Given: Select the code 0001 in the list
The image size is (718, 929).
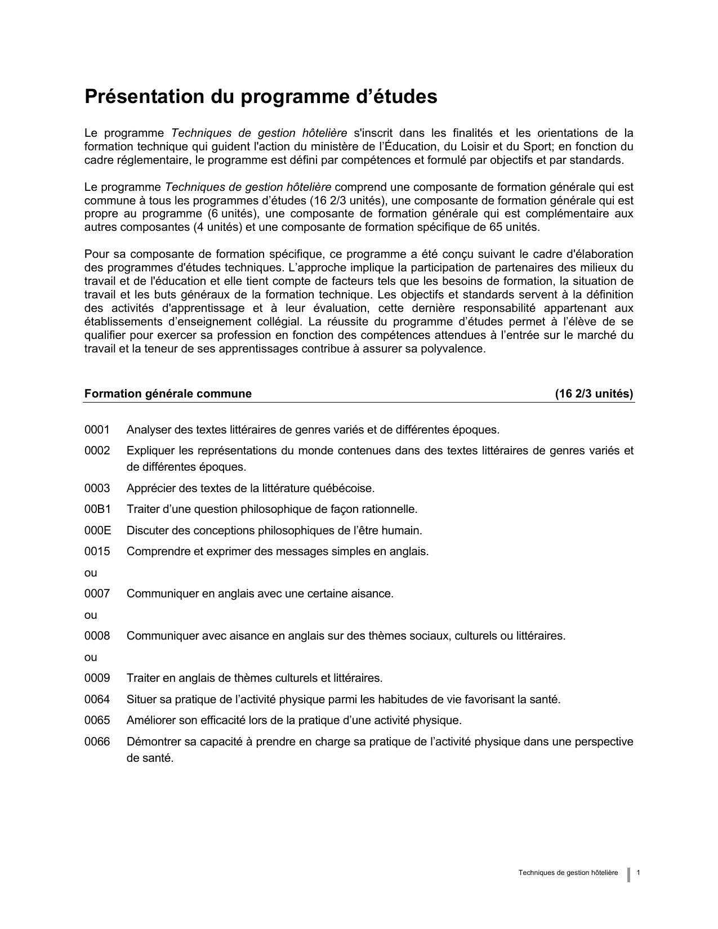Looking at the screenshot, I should click(x=97, y=430).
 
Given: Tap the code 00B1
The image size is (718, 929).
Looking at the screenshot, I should click(x=97, y=510).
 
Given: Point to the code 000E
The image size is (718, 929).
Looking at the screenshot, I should click(x=97, y=530).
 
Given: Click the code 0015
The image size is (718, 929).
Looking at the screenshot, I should click(x=97, y=552).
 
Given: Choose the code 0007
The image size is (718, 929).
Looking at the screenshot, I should click(x=97, y=594).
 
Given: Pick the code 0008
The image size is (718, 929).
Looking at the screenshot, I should click(x=97, y=636).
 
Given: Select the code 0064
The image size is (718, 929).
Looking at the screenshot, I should click(x=97, y=700).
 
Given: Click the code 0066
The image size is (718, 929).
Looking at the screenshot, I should click(x=97, y=742).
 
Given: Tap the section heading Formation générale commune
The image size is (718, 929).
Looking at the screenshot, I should click(x=168, y=394).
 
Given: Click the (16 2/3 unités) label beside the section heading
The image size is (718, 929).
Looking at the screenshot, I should click(x=594, y=394).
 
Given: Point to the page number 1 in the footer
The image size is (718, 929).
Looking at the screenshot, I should click(x=638, y=873).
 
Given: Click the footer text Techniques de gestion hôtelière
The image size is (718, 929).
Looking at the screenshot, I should click(x=568, y=873).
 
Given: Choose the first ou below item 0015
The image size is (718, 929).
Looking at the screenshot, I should click(x=91, y=573).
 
